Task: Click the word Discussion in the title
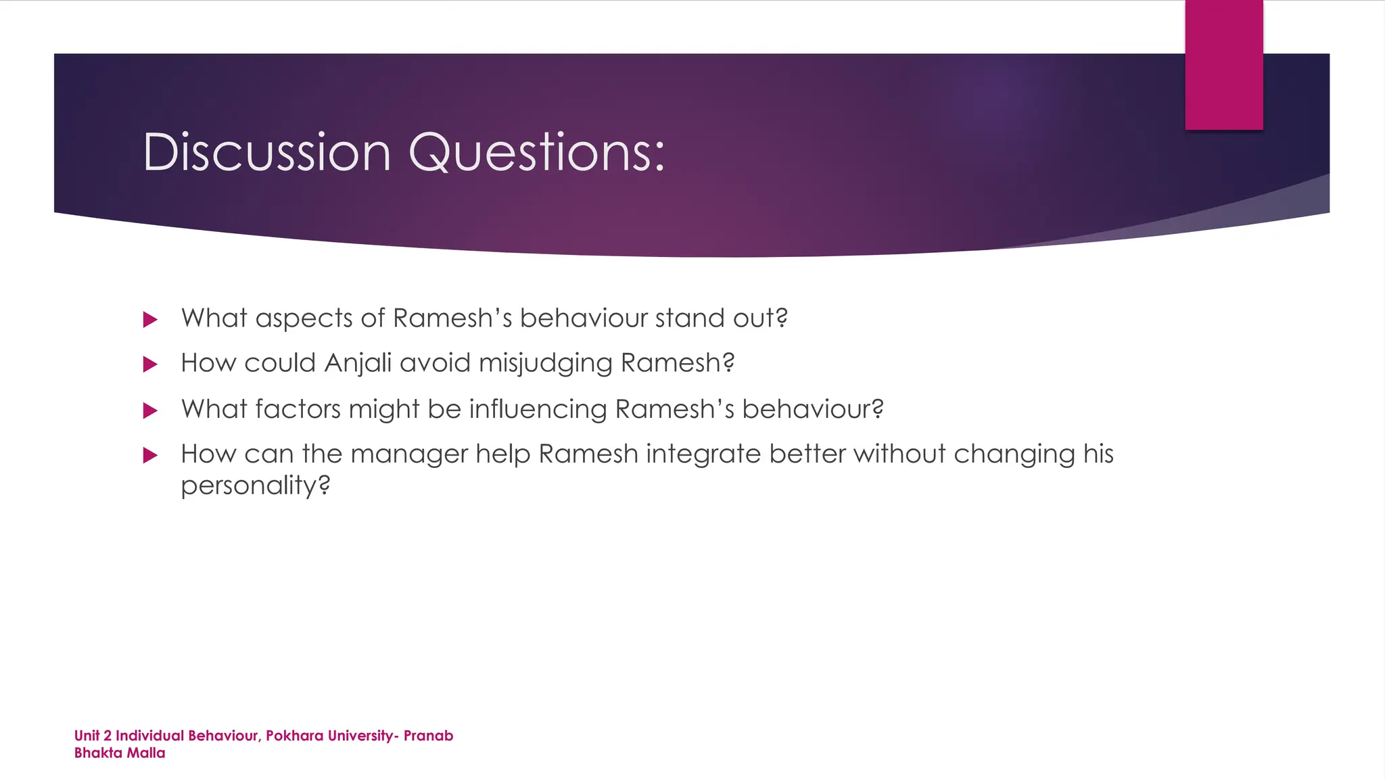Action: point(266,152)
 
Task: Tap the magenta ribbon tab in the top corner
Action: point(1223,65)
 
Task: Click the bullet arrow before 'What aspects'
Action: point(150,319)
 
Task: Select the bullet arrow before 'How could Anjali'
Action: point(150,364)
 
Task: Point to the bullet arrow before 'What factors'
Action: point(150,410)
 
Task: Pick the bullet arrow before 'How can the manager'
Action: point(150,455)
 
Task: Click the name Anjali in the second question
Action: point(358,363)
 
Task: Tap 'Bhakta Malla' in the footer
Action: point(120,753)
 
